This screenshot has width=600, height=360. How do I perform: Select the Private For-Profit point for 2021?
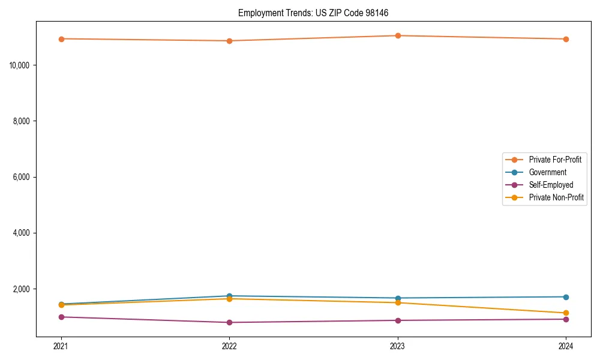[x=61, y=39]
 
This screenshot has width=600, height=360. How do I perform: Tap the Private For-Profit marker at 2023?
[x=398, y=35]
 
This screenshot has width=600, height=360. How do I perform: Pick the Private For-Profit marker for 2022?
[x=229, y=41]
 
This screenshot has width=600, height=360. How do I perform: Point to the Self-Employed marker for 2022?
[x=229, y=322]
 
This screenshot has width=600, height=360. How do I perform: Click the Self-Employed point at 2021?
[x=61, y=317]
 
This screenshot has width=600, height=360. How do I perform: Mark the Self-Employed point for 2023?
[x=398, y=320]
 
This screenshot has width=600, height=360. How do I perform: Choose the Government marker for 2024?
[x=566, y=297]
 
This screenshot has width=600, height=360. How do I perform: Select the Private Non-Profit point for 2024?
[x=566, y=313]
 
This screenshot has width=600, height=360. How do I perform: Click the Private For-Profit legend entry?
[x=554, y=160]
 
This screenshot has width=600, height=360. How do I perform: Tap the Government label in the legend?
[x=547, y=172]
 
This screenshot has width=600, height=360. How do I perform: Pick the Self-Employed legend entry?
[x=551, y=185]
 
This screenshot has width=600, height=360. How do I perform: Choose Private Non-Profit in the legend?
[x=556, y=197]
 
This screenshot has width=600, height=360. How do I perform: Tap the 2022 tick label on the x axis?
[x=229, y=346]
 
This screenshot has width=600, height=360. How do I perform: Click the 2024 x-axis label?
[x=566, y=346]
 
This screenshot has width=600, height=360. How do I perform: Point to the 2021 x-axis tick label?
[x=61, y=346]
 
